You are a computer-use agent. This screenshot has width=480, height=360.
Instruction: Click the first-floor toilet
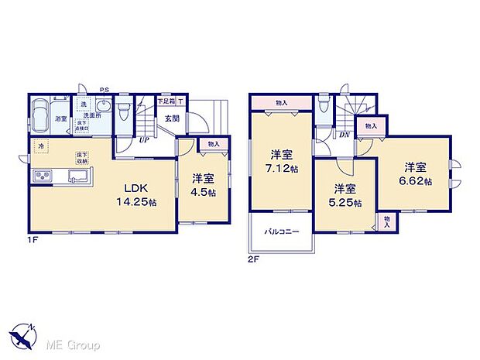[124, 110]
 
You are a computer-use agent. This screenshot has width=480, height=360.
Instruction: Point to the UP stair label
[143, 140]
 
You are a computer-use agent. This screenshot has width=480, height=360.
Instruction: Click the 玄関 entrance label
[171, 118]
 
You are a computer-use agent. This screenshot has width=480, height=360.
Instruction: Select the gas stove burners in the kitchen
[40, 178]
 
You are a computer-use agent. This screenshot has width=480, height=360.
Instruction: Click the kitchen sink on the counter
[78, 179]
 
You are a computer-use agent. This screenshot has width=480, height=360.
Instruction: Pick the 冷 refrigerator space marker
[39, 146]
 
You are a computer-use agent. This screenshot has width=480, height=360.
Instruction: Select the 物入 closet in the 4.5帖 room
[213, 144]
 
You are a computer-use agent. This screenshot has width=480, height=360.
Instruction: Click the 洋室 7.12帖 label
[281, 159]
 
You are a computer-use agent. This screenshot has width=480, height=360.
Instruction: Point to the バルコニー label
[279, 231]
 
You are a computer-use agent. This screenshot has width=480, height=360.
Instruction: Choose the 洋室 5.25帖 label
[345, 194]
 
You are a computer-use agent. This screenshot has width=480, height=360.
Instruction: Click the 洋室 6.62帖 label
[414, 172]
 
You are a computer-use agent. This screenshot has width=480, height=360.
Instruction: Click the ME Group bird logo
[22, 338]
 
